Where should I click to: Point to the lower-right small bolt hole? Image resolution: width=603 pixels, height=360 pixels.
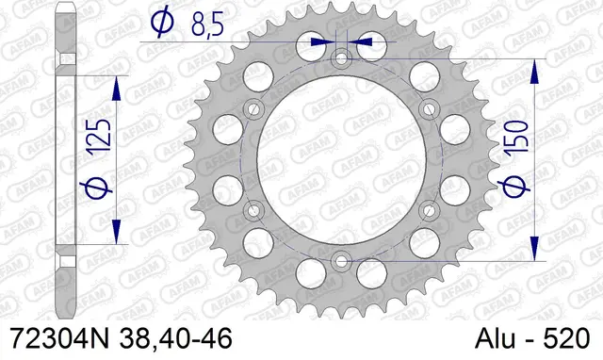pyautogui.click(x=429, y=208)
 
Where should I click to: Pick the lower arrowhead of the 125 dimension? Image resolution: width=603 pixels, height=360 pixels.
pyautogui.click(x=118, y=231)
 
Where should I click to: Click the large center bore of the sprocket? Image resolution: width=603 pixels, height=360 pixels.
pyautogui.click(x=341, y=159)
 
